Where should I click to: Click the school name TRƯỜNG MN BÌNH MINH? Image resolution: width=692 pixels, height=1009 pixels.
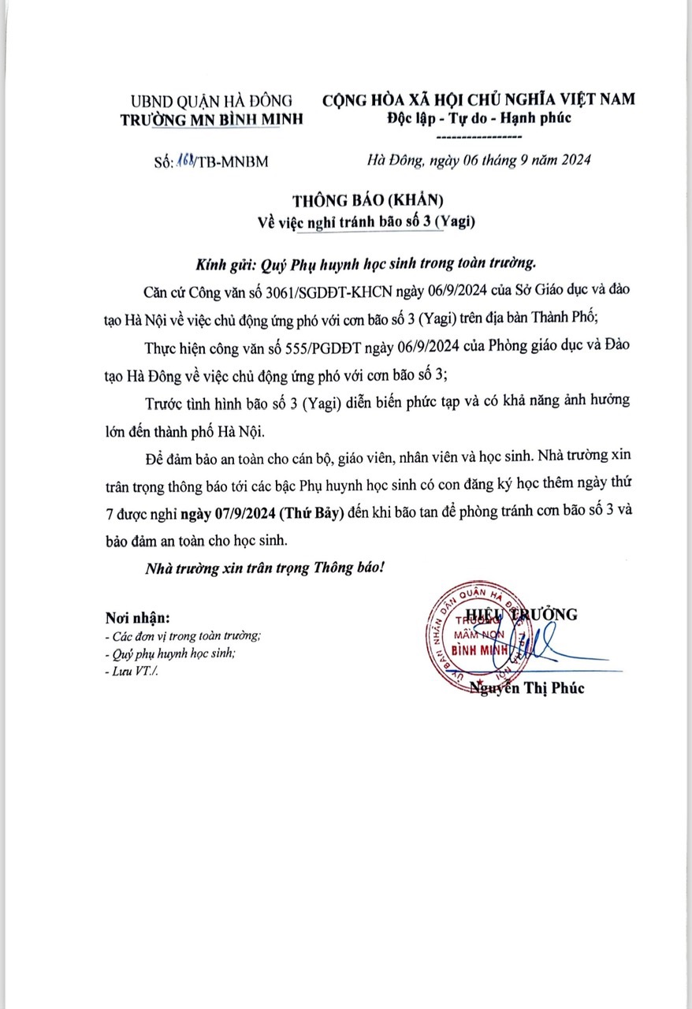[210, 119]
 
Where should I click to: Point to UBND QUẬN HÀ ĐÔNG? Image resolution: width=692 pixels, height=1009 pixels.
[211, 100]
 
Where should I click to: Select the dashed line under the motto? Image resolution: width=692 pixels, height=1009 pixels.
[479, 136]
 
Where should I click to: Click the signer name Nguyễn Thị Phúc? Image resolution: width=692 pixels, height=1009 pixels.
[526, 688]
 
